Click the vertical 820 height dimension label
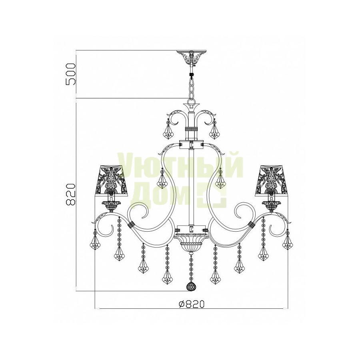point(70,194)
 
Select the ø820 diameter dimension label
point(191,304)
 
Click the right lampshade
point(272,180)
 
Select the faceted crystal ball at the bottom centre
point(191,286)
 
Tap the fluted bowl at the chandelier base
point(191,242)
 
